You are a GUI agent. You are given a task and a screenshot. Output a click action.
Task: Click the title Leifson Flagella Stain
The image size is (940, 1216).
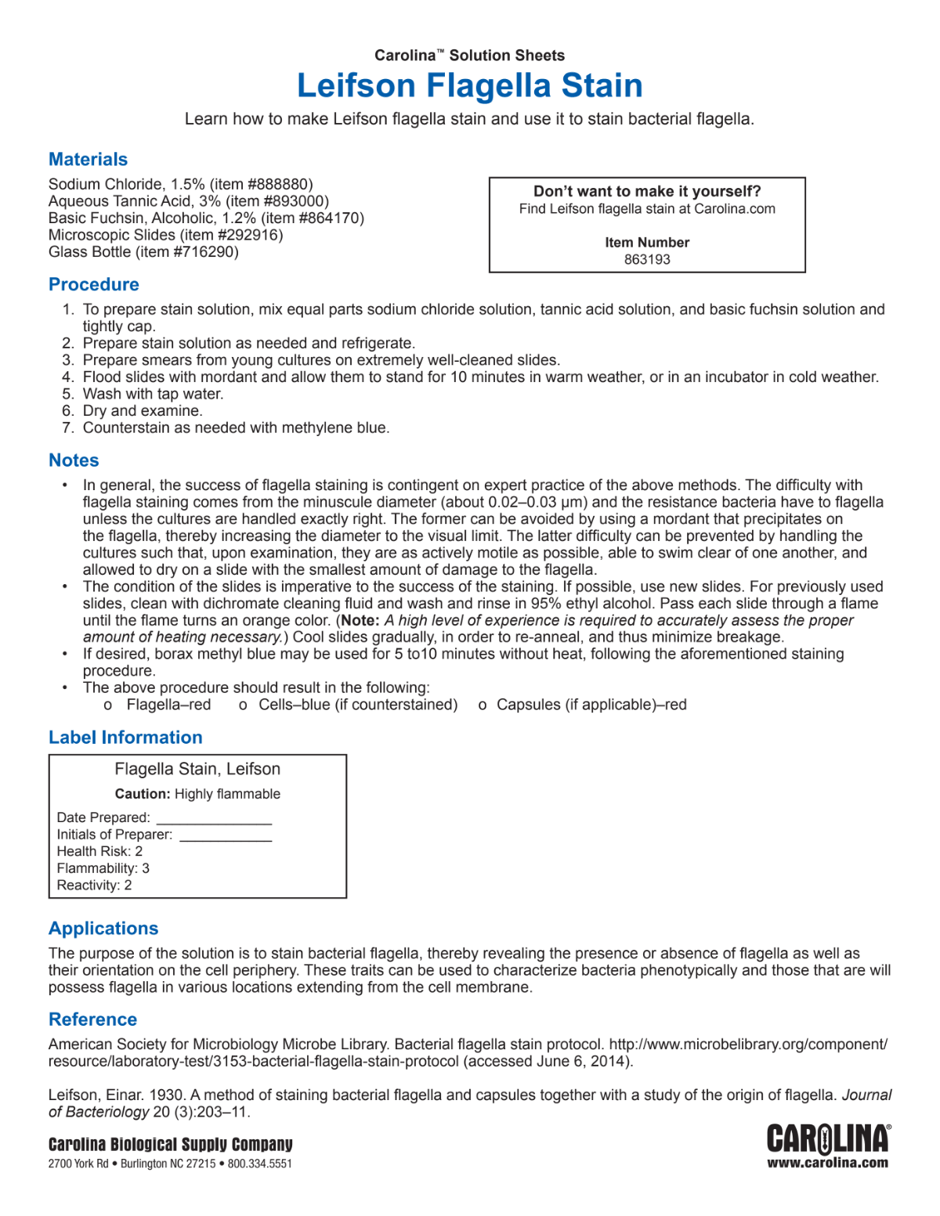pyautogui.click(x=469, y=85)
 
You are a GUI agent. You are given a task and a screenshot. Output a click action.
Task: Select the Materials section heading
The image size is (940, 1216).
pyautogui.click(x=88, y=160)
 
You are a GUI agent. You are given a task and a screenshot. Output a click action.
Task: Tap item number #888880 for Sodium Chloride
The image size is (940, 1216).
pyautogui.click(x=280, y=185)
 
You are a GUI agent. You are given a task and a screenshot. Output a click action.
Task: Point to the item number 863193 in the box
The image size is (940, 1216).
pyautogui.click(x=647, y=260)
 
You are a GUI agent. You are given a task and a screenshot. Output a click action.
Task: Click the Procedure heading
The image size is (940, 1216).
pyautogui.click(x=94, y=285)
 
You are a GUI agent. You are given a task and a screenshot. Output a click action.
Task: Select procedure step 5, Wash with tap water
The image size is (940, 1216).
pyautogui.click(x=153, y=394)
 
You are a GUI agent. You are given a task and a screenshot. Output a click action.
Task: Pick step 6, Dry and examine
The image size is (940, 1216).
pyautogui.click(x=142, y=411)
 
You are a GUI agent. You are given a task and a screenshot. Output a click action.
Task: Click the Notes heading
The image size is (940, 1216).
pyautogui.click(x=74, y=460)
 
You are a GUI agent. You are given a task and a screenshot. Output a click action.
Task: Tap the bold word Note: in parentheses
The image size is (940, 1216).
pyautogui.click(x=360, y=620)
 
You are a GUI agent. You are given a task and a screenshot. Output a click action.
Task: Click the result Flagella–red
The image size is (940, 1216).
pyautogui.click(x=168, y=705)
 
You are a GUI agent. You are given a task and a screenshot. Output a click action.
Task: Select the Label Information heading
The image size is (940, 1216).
pyautogui.click(x=125, y=738)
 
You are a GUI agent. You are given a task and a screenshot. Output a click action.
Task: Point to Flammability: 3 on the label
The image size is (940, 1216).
pyautogui.click(x=103, y=868)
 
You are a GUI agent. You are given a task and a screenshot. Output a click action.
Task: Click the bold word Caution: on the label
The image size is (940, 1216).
pyautogui.click(x=143, y=794)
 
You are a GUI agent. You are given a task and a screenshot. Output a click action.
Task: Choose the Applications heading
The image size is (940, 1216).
pyautogui.click(x=103, y=929)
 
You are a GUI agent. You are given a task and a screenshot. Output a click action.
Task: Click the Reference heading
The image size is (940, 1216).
pyautogui.click(x=92, y=1019)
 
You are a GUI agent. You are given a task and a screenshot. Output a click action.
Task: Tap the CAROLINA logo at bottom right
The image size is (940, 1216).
pyautogui.click(x=828, y=1139)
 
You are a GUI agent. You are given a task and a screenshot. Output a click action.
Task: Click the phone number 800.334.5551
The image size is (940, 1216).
pyautogui.click(x=260, y=1164)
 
